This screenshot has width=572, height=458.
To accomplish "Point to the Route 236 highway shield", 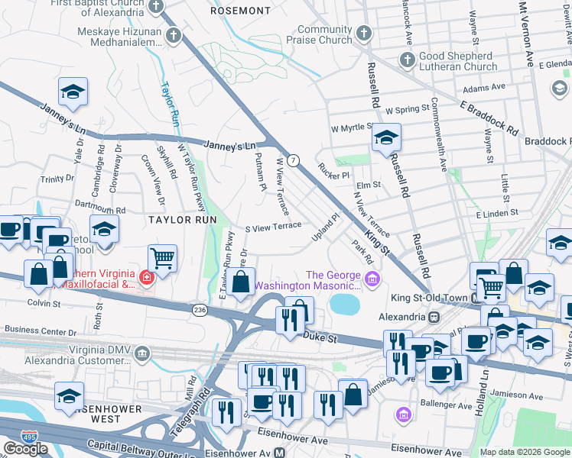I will point(199,308).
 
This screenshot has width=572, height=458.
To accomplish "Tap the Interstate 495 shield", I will point(11,432).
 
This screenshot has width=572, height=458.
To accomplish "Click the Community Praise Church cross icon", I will point(364,34).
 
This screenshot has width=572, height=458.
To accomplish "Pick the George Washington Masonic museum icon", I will point(372,280).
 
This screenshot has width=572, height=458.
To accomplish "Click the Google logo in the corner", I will point(25,449).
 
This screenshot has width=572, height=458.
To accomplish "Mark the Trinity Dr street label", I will point(57,179).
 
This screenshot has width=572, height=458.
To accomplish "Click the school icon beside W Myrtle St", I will point(386,138).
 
